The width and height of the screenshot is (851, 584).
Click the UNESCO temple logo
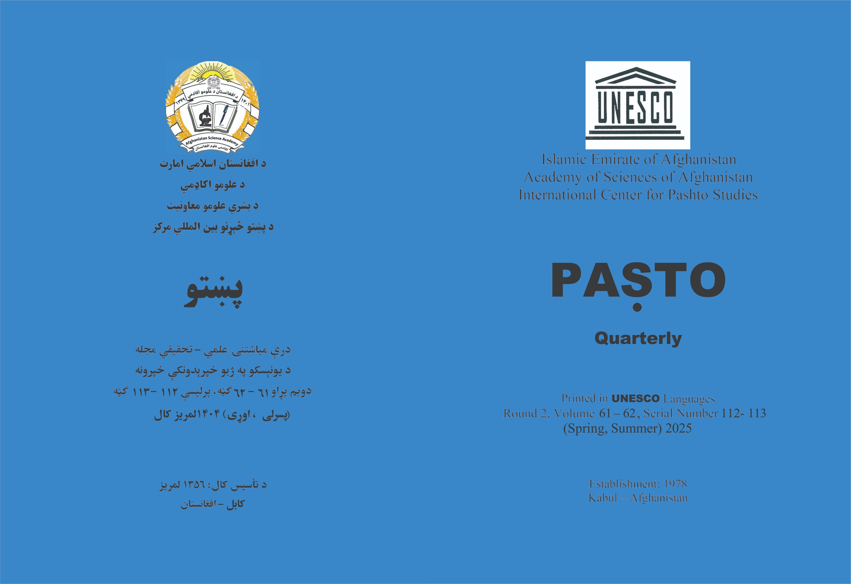pyautogui.click(x=638, y=105)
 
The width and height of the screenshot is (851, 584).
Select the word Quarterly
pyautogui.click(x=638, y=339)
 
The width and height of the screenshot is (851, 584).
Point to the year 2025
pyautogui.click(x=678, y=428)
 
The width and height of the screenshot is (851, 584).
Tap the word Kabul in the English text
pyautogui.click(x=603, y=498)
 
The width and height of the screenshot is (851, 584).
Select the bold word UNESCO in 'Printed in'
pyautogui.click(x=635, y=399)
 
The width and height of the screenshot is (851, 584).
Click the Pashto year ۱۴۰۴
pyautogui.click(x=208, y=414)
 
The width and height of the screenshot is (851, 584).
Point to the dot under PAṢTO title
pyautogui.click(x=638, y=307)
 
